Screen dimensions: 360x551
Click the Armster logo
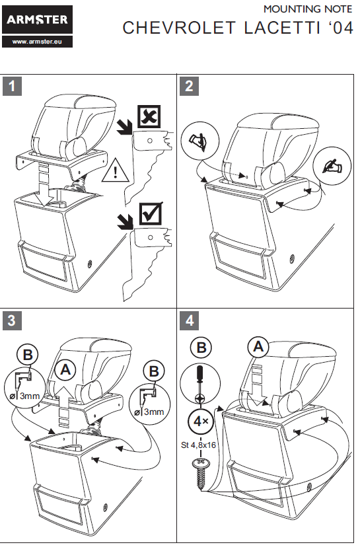tap(37, 19)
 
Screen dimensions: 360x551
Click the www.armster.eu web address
tap(37, 42)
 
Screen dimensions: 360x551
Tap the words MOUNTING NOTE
tap(308, 9)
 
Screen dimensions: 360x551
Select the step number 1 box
tap(12, 86)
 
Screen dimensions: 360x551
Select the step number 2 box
tap(189, 86)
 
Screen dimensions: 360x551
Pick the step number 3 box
tap(12, 320)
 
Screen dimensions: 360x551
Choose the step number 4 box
tap(189, 320)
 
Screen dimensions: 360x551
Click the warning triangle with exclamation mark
tap(115, 170)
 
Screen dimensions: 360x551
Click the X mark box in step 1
tap(149, 116)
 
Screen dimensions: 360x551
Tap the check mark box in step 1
tap(151, 213)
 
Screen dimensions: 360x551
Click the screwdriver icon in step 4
tap(200, 384)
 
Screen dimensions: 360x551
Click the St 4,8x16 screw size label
tap(198, 445)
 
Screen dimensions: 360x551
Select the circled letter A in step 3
tap(65, 370)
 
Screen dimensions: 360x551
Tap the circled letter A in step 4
tap(258, 348)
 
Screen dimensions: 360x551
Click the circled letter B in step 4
tap(201, 348)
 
